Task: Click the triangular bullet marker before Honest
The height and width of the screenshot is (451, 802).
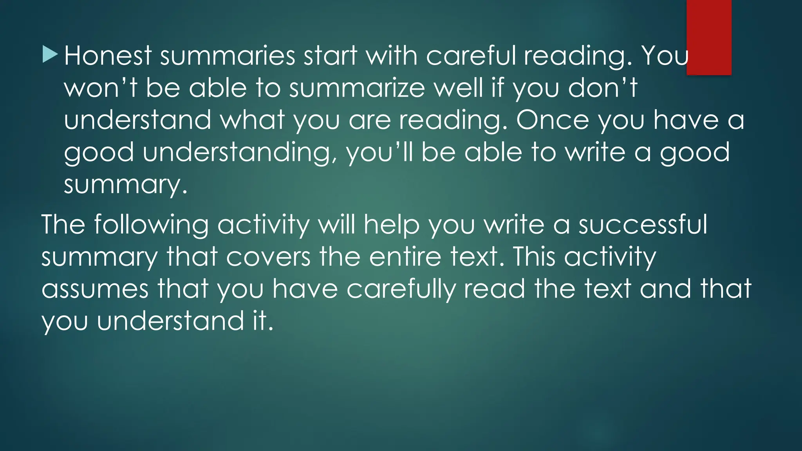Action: [x=50, y=54]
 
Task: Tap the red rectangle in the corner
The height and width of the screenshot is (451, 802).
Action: [x=709, y=37]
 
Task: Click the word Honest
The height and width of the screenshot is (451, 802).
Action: [x=108, y=56]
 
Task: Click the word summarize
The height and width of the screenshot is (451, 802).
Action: [x=357, y=88]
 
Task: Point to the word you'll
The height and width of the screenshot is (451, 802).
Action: [x=379, y=153]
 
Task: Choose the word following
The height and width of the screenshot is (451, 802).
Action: [x=151, y=225]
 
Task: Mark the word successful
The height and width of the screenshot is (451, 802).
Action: [x=643, y=225]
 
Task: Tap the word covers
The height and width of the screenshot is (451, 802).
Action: [x=268, y=257]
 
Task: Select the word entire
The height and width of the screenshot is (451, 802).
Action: [x=405, y=257]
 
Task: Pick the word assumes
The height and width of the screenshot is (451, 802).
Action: [x=95, y=289]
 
